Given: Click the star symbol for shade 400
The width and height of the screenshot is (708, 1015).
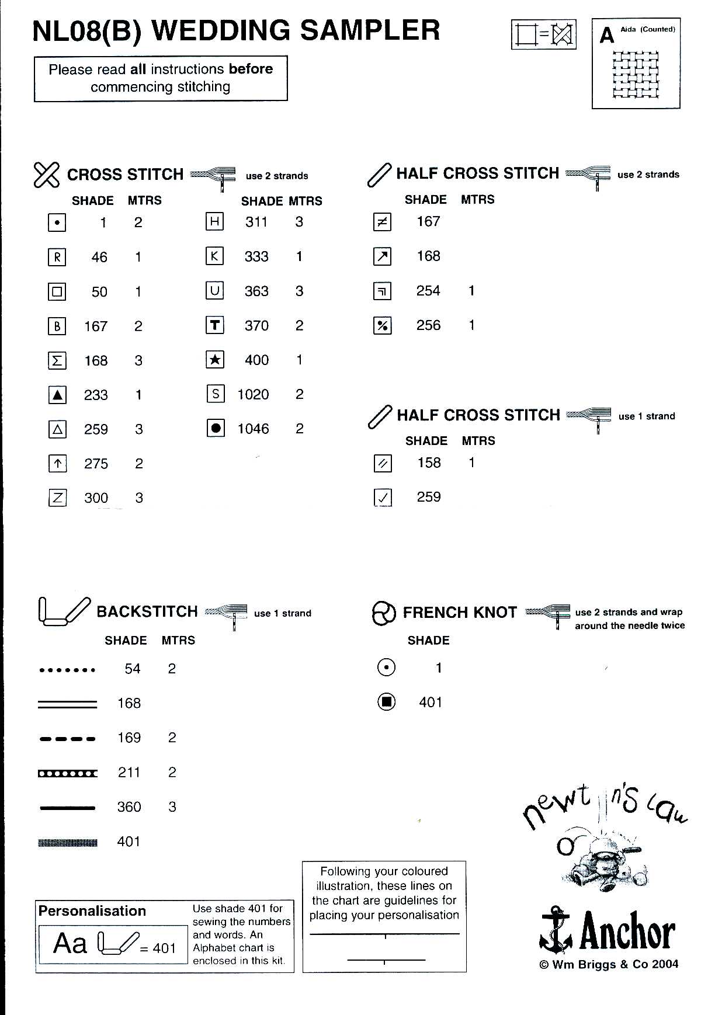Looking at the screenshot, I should (x=215, y=360).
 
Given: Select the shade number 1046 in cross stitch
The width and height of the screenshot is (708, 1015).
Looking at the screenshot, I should (x=253, y=429).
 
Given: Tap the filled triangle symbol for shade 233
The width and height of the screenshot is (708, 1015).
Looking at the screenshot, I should (x=57, y=395).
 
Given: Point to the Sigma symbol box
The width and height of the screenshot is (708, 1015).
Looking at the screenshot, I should (x=57, y=361).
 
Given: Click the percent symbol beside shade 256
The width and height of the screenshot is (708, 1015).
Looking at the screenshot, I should (x=382, y=326).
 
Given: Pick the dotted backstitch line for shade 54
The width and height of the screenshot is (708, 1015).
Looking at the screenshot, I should (x=67, y=670).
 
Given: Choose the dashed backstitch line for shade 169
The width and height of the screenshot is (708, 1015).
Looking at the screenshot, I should (x=67, y=739).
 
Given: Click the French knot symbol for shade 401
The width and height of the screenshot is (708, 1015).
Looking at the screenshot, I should (x=386, y=702).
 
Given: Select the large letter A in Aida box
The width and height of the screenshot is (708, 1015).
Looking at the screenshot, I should (x=607, y=36).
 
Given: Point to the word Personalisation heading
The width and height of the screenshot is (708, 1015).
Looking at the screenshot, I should (x=92, y=911).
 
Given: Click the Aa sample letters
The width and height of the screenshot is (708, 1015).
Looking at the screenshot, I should (x=70, y=943).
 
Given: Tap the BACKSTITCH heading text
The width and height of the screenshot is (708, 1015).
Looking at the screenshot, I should (x=147, y=611).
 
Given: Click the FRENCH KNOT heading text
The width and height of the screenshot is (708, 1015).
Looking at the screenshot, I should (x=460, y=613).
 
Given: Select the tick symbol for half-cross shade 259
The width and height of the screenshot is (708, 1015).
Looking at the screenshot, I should (x=383, y=498).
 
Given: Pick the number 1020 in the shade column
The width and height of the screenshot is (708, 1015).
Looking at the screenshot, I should (x=253, y=395).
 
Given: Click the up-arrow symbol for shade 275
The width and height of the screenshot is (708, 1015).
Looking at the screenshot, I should (x=57, y=464).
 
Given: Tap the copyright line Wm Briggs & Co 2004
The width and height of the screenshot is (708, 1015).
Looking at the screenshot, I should (x=609, y=965).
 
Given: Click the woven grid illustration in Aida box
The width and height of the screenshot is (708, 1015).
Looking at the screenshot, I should (x=636, y=75).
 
